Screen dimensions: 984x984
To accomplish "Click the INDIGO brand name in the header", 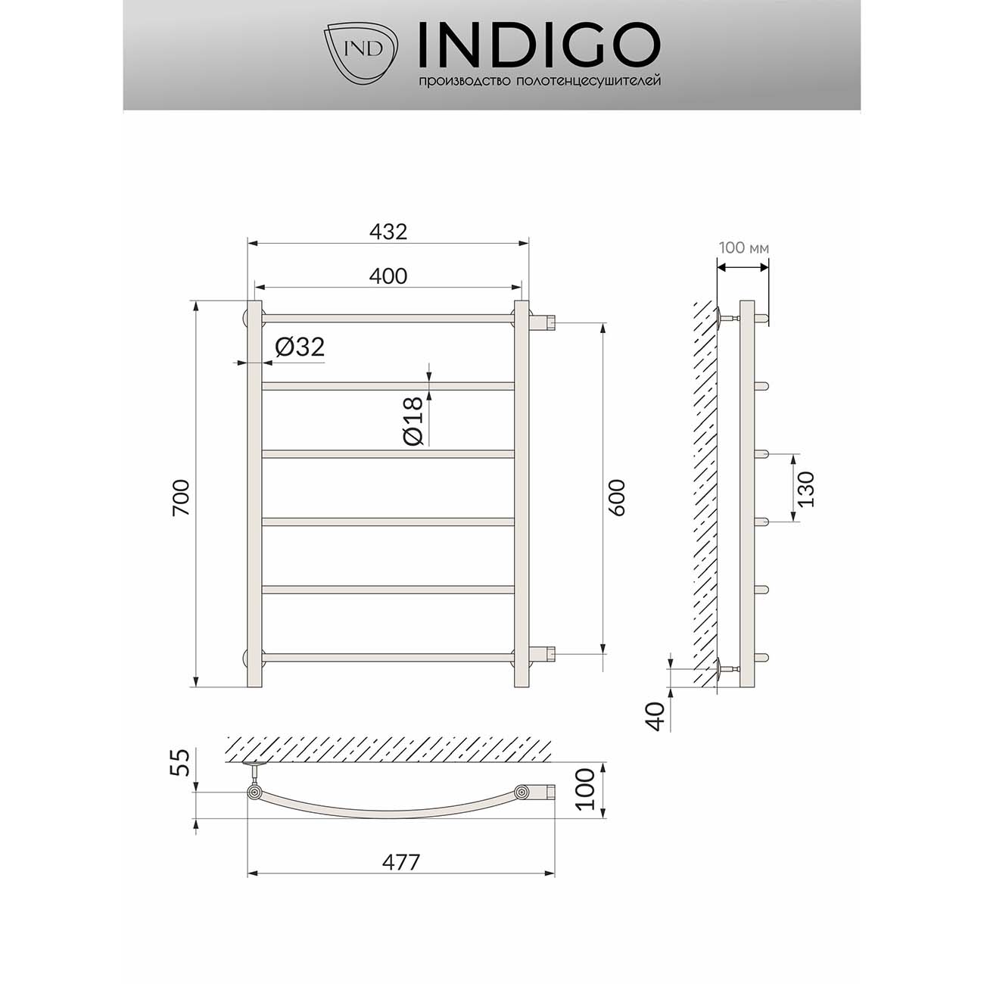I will pyautogui.click(x=539, y=45).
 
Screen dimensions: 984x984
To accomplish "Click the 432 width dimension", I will pyautogui.click(x=388, y=232).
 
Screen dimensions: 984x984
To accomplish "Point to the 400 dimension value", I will pyautogui.click(x=388, y=276).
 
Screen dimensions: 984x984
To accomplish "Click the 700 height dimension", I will pyautogui.click(x=181, y=497).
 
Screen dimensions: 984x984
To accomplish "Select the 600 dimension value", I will pyautogui.click(x=617, y=497).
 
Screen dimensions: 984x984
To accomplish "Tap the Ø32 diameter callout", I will pyautogui.click(x=300, y=347).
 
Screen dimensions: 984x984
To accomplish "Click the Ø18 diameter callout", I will pyautogui.click(x=413, y=420).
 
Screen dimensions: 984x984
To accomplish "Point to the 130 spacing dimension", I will pyautogui.click(x=806, y=488).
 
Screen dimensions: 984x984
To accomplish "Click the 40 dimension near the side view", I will pyautogui.click(x=657, y=715).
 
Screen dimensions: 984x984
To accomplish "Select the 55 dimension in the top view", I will pyautogui.click(x=180, y=763).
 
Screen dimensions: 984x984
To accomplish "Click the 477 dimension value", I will pyautogui.click(x=400, y=861).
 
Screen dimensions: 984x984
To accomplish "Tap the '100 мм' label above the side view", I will pyautogui.click(x=744, y=248).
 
